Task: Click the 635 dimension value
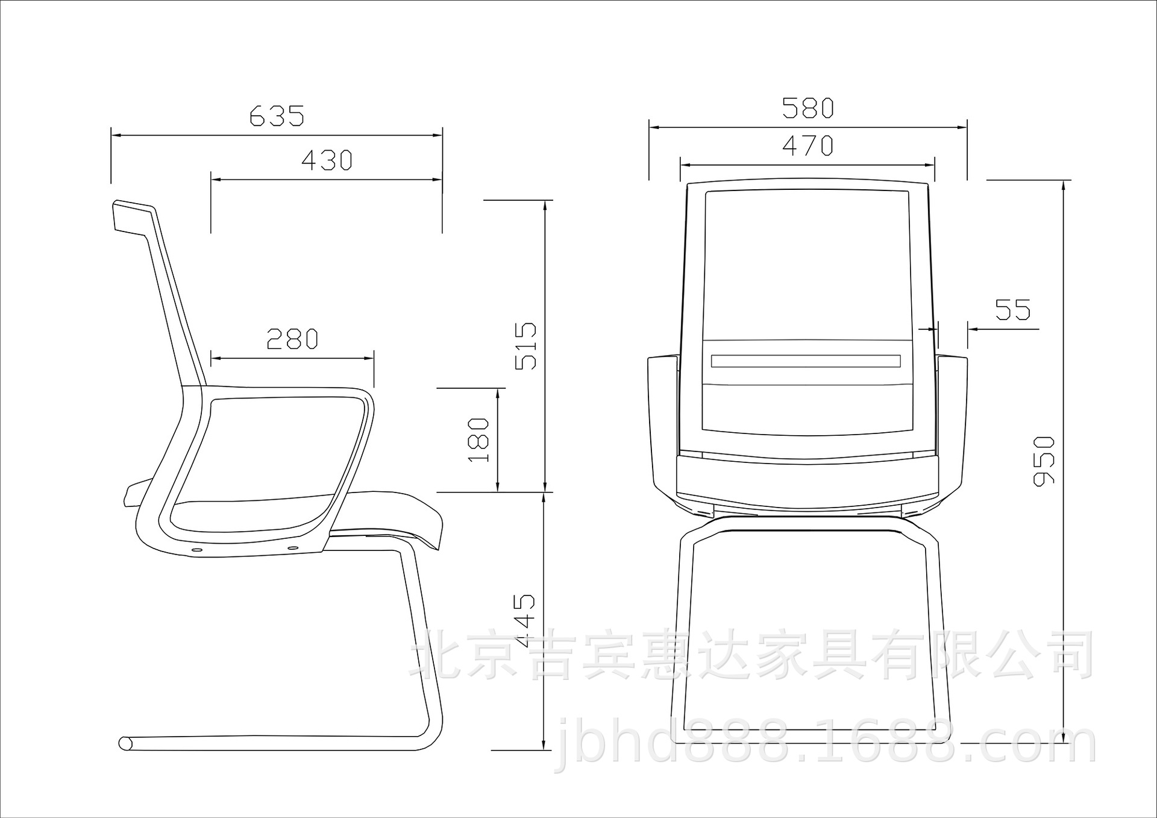pyautogui.click(x=277, y=116)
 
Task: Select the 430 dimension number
pyautogui.click(x=327, y=160)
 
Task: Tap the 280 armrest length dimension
pyautogui.click(x=292, y=339)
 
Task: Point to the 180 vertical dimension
pyautogui.click(x=478, y=439)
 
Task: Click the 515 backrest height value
pyautogui.click(x=525, y=346)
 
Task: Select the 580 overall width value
pyautogui.click(x=808, y=107)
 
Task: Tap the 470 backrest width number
pyautogui.click(x=807, y=145)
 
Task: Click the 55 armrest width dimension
pyautogui.click(x=1013, y=310)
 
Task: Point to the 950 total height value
pyautogui.click(x=1044, y=461)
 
